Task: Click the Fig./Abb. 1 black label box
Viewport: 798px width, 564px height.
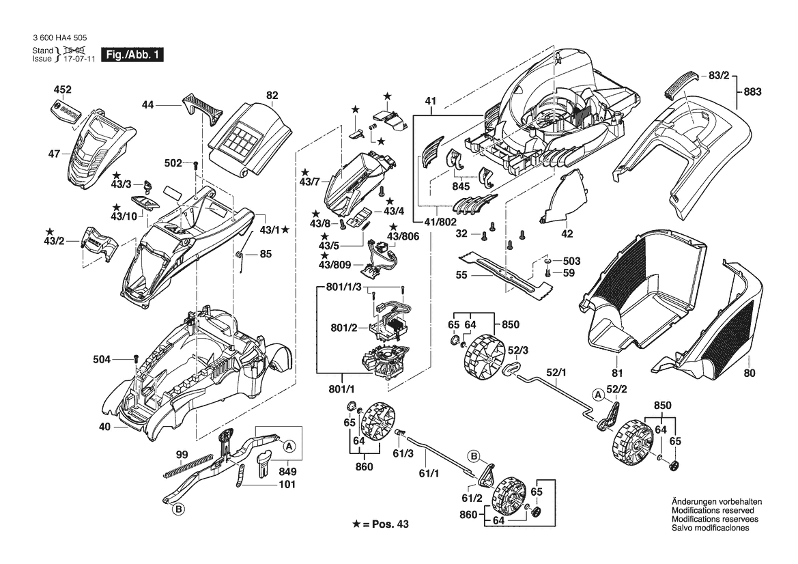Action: coord(132,55)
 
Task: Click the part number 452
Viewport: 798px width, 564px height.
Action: coord(63,89)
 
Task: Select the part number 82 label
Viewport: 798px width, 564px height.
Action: coord(272,96)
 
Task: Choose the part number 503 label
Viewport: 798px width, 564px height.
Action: coord(571,262)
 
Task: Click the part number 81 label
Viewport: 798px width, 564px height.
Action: coord(617,373)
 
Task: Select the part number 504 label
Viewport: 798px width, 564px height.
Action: coord(102,358)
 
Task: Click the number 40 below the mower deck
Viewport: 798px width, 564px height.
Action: coord(104,427)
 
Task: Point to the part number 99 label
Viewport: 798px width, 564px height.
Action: coord(181,455)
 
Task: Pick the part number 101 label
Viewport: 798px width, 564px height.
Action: coord(287,485)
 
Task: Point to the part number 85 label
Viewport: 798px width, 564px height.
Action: coord(266,255)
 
